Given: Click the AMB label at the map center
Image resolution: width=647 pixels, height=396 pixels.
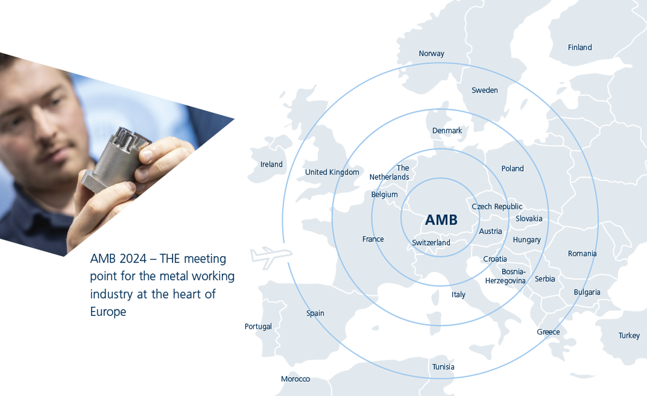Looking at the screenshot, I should [441, 220].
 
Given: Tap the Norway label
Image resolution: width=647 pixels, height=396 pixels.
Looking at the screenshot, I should [431, 54].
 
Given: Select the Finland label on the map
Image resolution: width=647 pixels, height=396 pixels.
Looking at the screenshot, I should [579, 47].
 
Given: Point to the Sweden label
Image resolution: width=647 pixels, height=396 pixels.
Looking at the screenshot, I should [484, 90].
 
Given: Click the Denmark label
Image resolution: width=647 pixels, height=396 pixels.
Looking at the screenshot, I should [447, 131].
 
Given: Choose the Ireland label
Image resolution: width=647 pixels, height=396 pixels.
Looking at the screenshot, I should [271, 164].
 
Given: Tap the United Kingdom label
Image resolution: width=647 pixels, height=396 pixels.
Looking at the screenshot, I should [332, 172].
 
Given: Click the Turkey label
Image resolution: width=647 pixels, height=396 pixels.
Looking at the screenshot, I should [629, 336].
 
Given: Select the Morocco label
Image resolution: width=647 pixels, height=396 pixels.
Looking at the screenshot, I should [295, 379].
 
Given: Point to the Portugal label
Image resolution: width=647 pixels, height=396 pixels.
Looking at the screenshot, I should [258, 326].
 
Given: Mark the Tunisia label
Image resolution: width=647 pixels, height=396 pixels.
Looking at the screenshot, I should [443, 367].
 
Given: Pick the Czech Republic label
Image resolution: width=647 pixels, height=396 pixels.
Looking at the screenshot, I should [497, 207].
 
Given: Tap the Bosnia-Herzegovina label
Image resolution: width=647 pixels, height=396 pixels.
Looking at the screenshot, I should [505, 276].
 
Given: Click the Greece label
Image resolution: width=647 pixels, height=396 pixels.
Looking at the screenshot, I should [548, 332].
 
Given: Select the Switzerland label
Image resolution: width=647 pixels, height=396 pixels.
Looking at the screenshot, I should [431, 243].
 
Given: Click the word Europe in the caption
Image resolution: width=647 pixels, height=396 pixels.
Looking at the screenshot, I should [108, 312].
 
